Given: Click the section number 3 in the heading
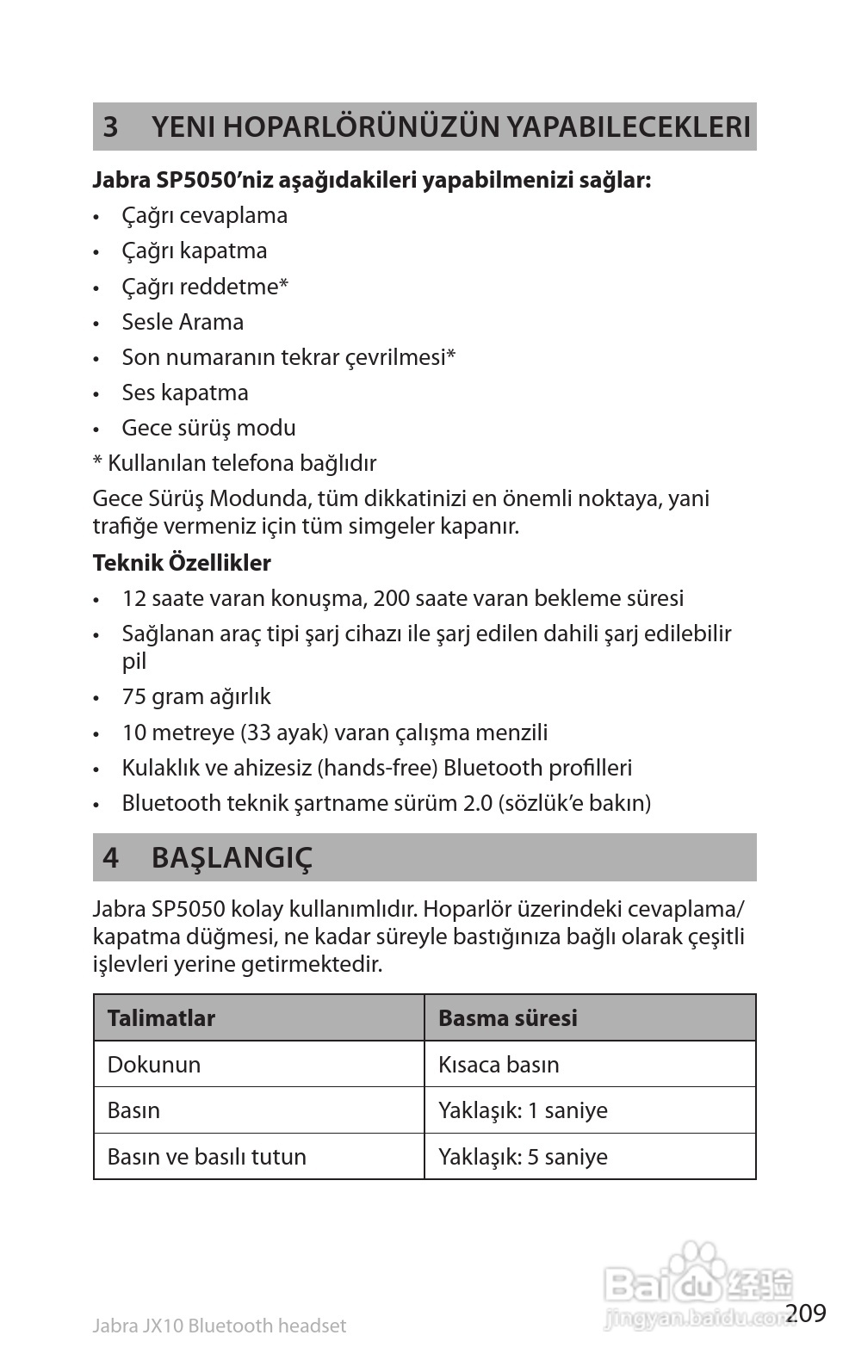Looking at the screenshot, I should (110, 127).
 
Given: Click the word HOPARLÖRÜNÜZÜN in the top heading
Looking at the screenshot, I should (325, 127).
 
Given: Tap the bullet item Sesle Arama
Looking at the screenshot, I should (183, 322).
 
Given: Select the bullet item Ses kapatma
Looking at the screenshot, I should (184, 392).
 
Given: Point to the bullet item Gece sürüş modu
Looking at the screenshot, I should (208, 428).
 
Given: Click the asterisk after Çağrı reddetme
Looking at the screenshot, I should (283, 285).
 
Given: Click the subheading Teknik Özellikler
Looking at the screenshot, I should (182, 563).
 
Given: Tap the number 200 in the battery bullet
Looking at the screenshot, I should (392, 598).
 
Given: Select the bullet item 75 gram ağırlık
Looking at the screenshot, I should (196, 696).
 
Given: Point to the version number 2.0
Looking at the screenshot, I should (478, 803).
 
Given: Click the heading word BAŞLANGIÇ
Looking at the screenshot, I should (232, 858).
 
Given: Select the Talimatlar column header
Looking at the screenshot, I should (161, 1018).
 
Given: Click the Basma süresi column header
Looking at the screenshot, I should (508, 1018).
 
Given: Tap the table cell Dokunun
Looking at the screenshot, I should (154, 1065).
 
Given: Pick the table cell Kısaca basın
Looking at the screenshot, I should (499, 1065).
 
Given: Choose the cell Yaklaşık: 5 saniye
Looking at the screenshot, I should (523, 1157).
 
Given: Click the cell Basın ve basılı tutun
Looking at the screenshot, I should (207, 1157).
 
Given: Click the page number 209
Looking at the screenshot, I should (806, 1313).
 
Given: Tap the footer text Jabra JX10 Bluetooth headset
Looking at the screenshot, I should (219, 1326).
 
